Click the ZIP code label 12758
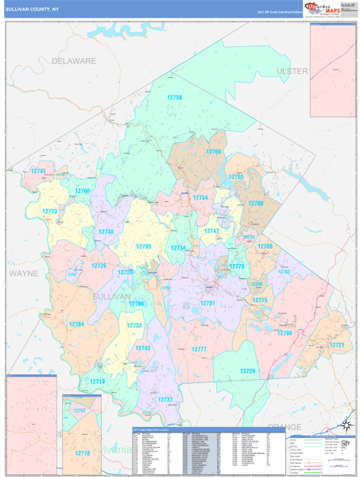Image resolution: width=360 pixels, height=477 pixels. (x=174, y=97)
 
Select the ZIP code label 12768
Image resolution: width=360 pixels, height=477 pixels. (x=214, y=151)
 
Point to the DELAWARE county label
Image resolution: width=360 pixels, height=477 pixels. (x=74, y=60)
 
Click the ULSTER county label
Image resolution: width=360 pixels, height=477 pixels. (x=292, y=71)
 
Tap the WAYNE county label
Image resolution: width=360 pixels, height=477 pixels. (x=23, y=273)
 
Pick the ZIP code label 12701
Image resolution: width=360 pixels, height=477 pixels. (x=207, y=303)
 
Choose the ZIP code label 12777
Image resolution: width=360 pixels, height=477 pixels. (x=199, y=350)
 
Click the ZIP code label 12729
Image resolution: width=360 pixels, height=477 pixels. (x=248, y=371)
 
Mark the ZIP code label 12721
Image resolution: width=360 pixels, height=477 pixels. (x=337, y=345)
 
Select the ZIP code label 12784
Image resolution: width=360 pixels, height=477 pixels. (x=75, y=324)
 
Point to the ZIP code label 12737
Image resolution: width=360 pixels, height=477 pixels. (x=165, y=399)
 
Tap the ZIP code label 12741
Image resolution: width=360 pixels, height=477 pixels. (x=38, y=171)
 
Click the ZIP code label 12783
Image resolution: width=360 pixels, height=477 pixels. (x=143, y=246)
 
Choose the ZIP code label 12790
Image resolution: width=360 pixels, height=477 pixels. (x=285, y=333)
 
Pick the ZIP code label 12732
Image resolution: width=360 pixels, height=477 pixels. (x=134, y=325)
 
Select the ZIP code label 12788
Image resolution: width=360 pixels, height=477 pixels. (x=255, y=204)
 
